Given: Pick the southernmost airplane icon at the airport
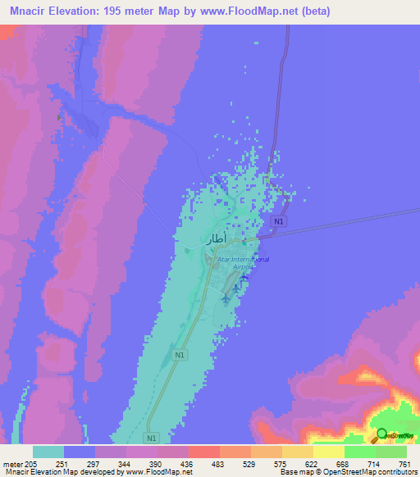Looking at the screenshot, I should tap(226, 298).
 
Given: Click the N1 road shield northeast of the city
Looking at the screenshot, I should tap(280, 222).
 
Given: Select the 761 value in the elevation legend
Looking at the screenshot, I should tap(405, 463).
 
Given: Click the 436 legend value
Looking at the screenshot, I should tap(188, 463).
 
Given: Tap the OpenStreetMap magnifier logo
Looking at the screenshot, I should tap(381, 434).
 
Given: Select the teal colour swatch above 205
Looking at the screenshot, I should tap(48, 452).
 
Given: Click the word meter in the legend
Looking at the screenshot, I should tap(11, 463).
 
